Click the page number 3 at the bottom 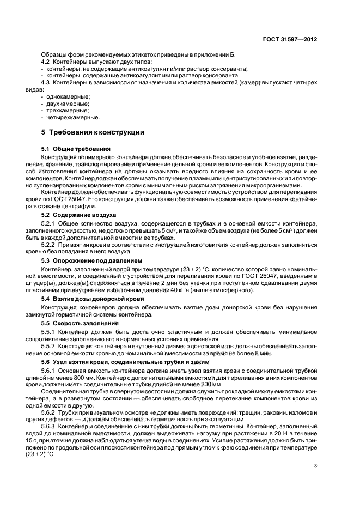point(315,465)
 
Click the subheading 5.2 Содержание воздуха point(78,215)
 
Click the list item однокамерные point(69,96)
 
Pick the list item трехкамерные point(67,110)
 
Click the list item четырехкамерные point(72,117)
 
